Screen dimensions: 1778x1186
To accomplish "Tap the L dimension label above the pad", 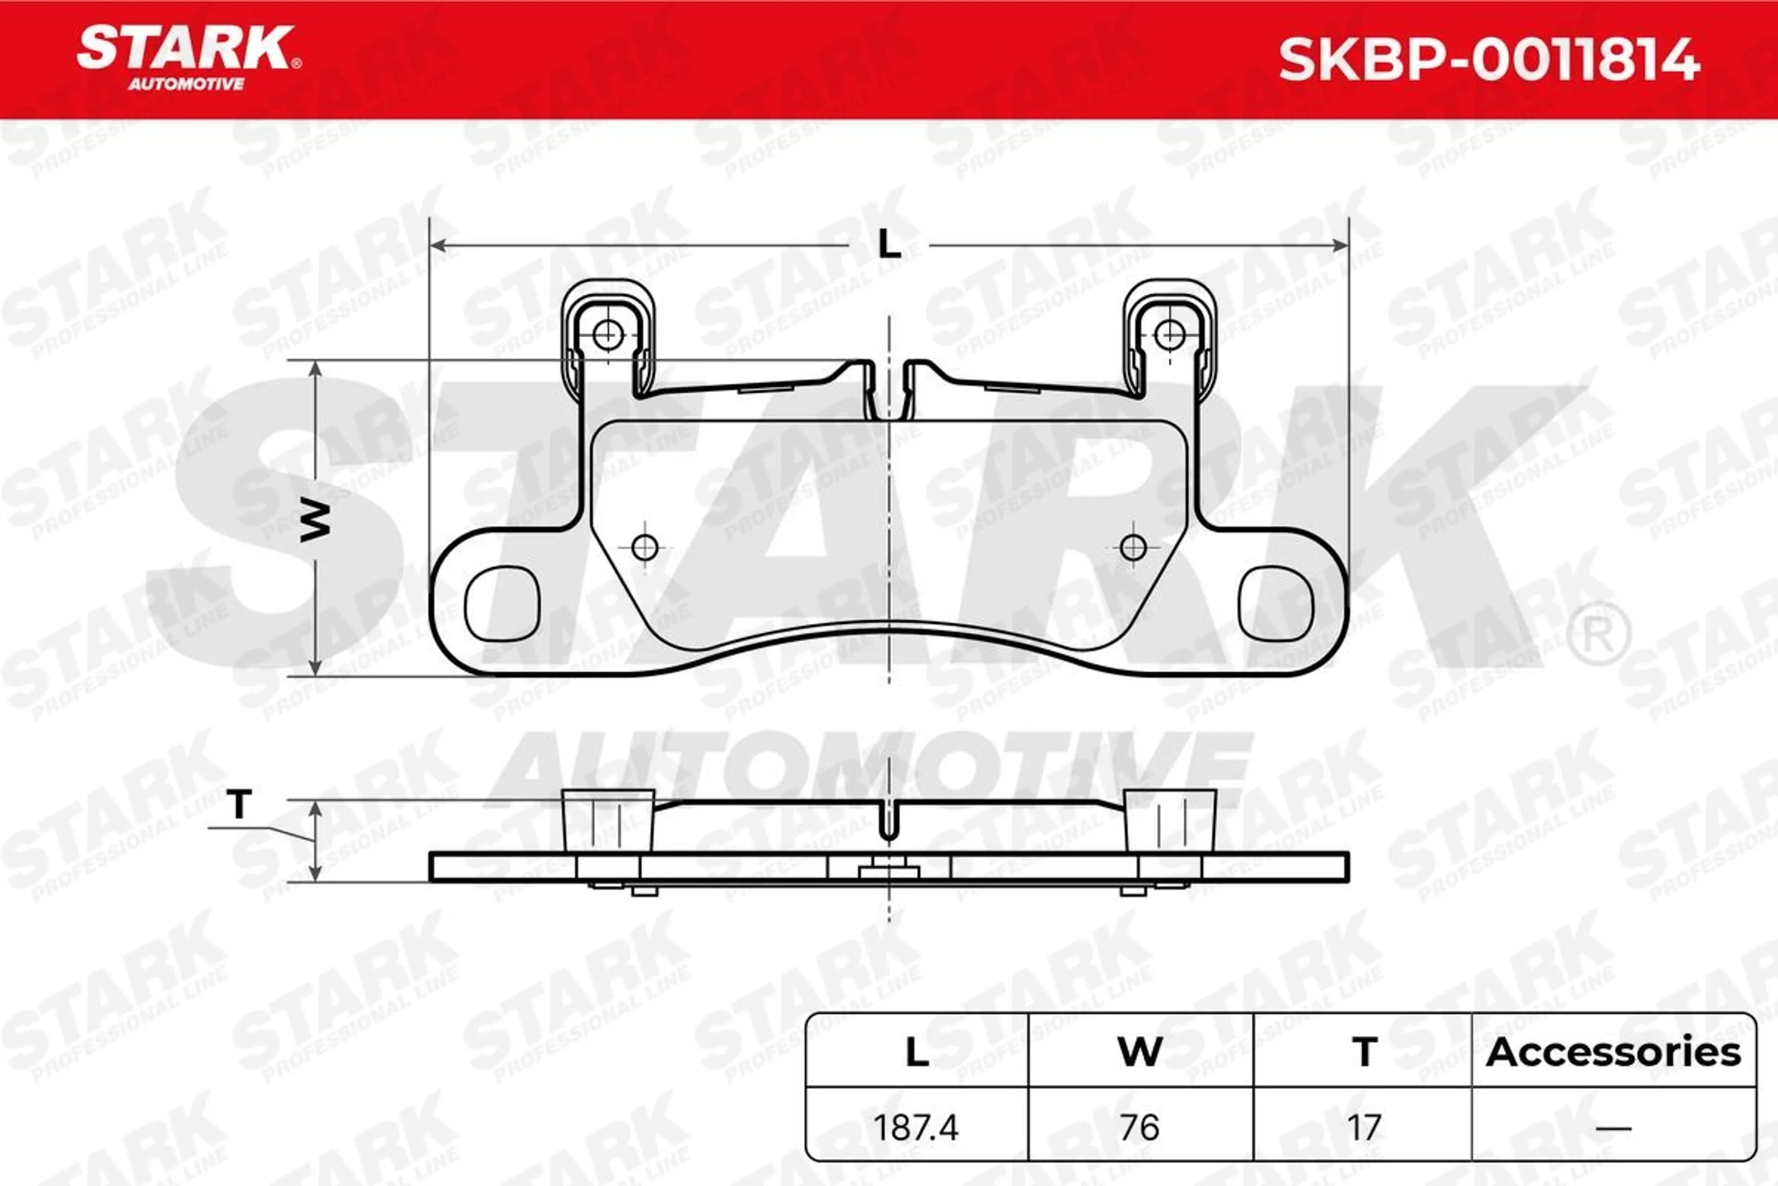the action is pyautogui.click(x=889, y=245).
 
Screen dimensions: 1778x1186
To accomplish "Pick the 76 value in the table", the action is pyautogui.click(x=1139, y=1128).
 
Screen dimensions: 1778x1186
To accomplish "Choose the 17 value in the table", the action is pyautogui.click(x=1363, y=1128).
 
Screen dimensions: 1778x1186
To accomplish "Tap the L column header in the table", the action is pyautogui.click(x=917, y=1052).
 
